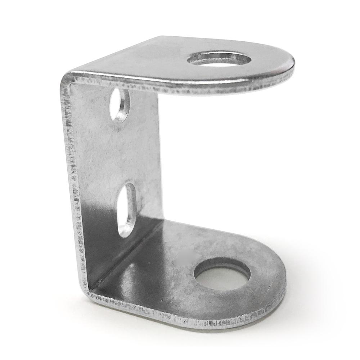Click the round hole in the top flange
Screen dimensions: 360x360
220,59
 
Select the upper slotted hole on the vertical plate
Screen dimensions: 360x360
120,105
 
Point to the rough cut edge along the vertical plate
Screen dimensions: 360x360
72,180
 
